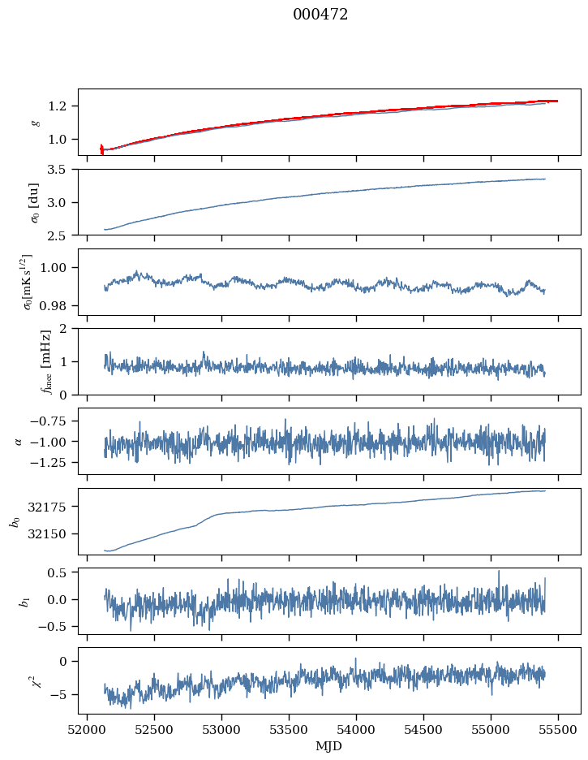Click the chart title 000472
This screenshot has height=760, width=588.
pos(320,15)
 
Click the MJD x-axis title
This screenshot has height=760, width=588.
pos(329,745)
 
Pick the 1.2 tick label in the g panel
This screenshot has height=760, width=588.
pos(62,106)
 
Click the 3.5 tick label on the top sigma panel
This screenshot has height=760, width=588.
pos(62,170)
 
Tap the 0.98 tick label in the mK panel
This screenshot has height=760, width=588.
pos(58,306)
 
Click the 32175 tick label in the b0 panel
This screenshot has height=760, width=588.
pos(52,507)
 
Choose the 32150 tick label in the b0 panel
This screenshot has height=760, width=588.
pos(52,534)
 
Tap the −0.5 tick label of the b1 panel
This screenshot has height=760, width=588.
pos(57,627)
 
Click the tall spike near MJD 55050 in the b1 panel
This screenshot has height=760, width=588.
pos(499,572)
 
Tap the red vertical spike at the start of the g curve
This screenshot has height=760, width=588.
pos(101,149)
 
